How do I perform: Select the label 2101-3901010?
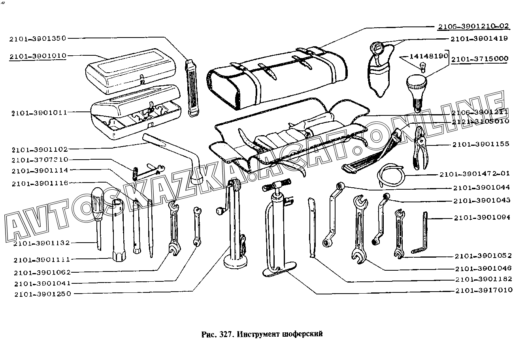[38, 56]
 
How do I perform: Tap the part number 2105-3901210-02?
[473, 26]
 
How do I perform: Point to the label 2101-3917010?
[483, 290]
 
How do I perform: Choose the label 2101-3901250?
[43, 294]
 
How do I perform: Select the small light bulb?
[423, 68]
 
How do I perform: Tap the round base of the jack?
[236, 261]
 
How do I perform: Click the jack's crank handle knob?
[218, 213]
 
